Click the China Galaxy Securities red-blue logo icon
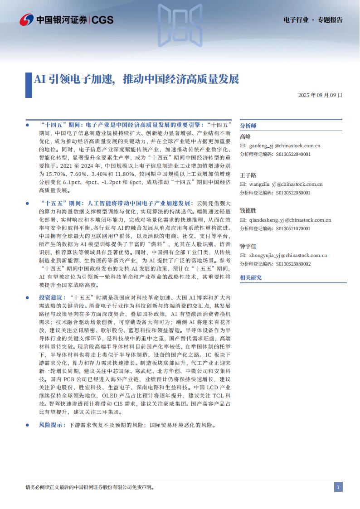click(26, 19)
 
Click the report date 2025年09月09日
click(320, 95)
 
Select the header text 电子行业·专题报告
click(312, 20)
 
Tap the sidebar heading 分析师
click(248, 126)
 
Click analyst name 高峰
click(245, 137)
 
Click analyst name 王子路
click(248, 175)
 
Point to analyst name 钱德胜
click(248, 211)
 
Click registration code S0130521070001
click(293, 228)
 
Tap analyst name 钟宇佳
click(248, 246)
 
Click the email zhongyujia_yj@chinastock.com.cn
click(288, 255)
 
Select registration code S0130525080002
click(293, 264)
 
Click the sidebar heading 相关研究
click(251, 277)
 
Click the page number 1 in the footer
click(338, 487)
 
